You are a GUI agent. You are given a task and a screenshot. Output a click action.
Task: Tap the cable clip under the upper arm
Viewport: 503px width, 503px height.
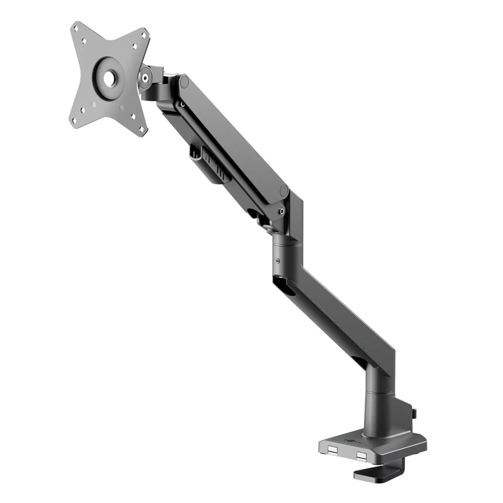click(x=209, y=165)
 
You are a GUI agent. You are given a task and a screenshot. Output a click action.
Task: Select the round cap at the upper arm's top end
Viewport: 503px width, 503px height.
click(x=184, y=82)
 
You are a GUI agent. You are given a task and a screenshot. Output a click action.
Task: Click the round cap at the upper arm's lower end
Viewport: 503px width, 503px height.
click(x=284, y=191)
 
